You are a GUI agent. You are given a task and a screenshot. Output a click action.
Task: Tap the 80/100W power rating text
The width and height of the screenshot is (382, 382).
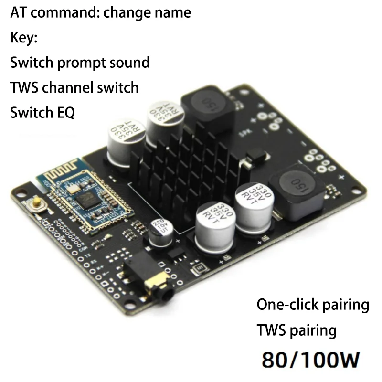click(308, 359)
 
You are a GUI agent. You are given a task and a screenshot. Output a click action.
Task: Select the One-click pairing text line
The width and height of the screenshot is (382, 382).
click(313, 304)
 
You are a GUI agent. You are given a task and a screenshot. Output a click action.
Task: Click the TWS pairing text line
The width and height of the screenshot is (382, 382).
click(297, 330)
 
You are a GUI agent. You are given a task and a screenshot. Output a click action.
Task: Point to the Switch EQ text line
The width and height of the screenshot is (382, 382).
click(42, 113)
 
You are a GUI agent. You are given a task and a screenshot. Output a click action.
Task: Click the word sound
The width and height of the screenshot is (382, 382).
click(129, 63)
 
